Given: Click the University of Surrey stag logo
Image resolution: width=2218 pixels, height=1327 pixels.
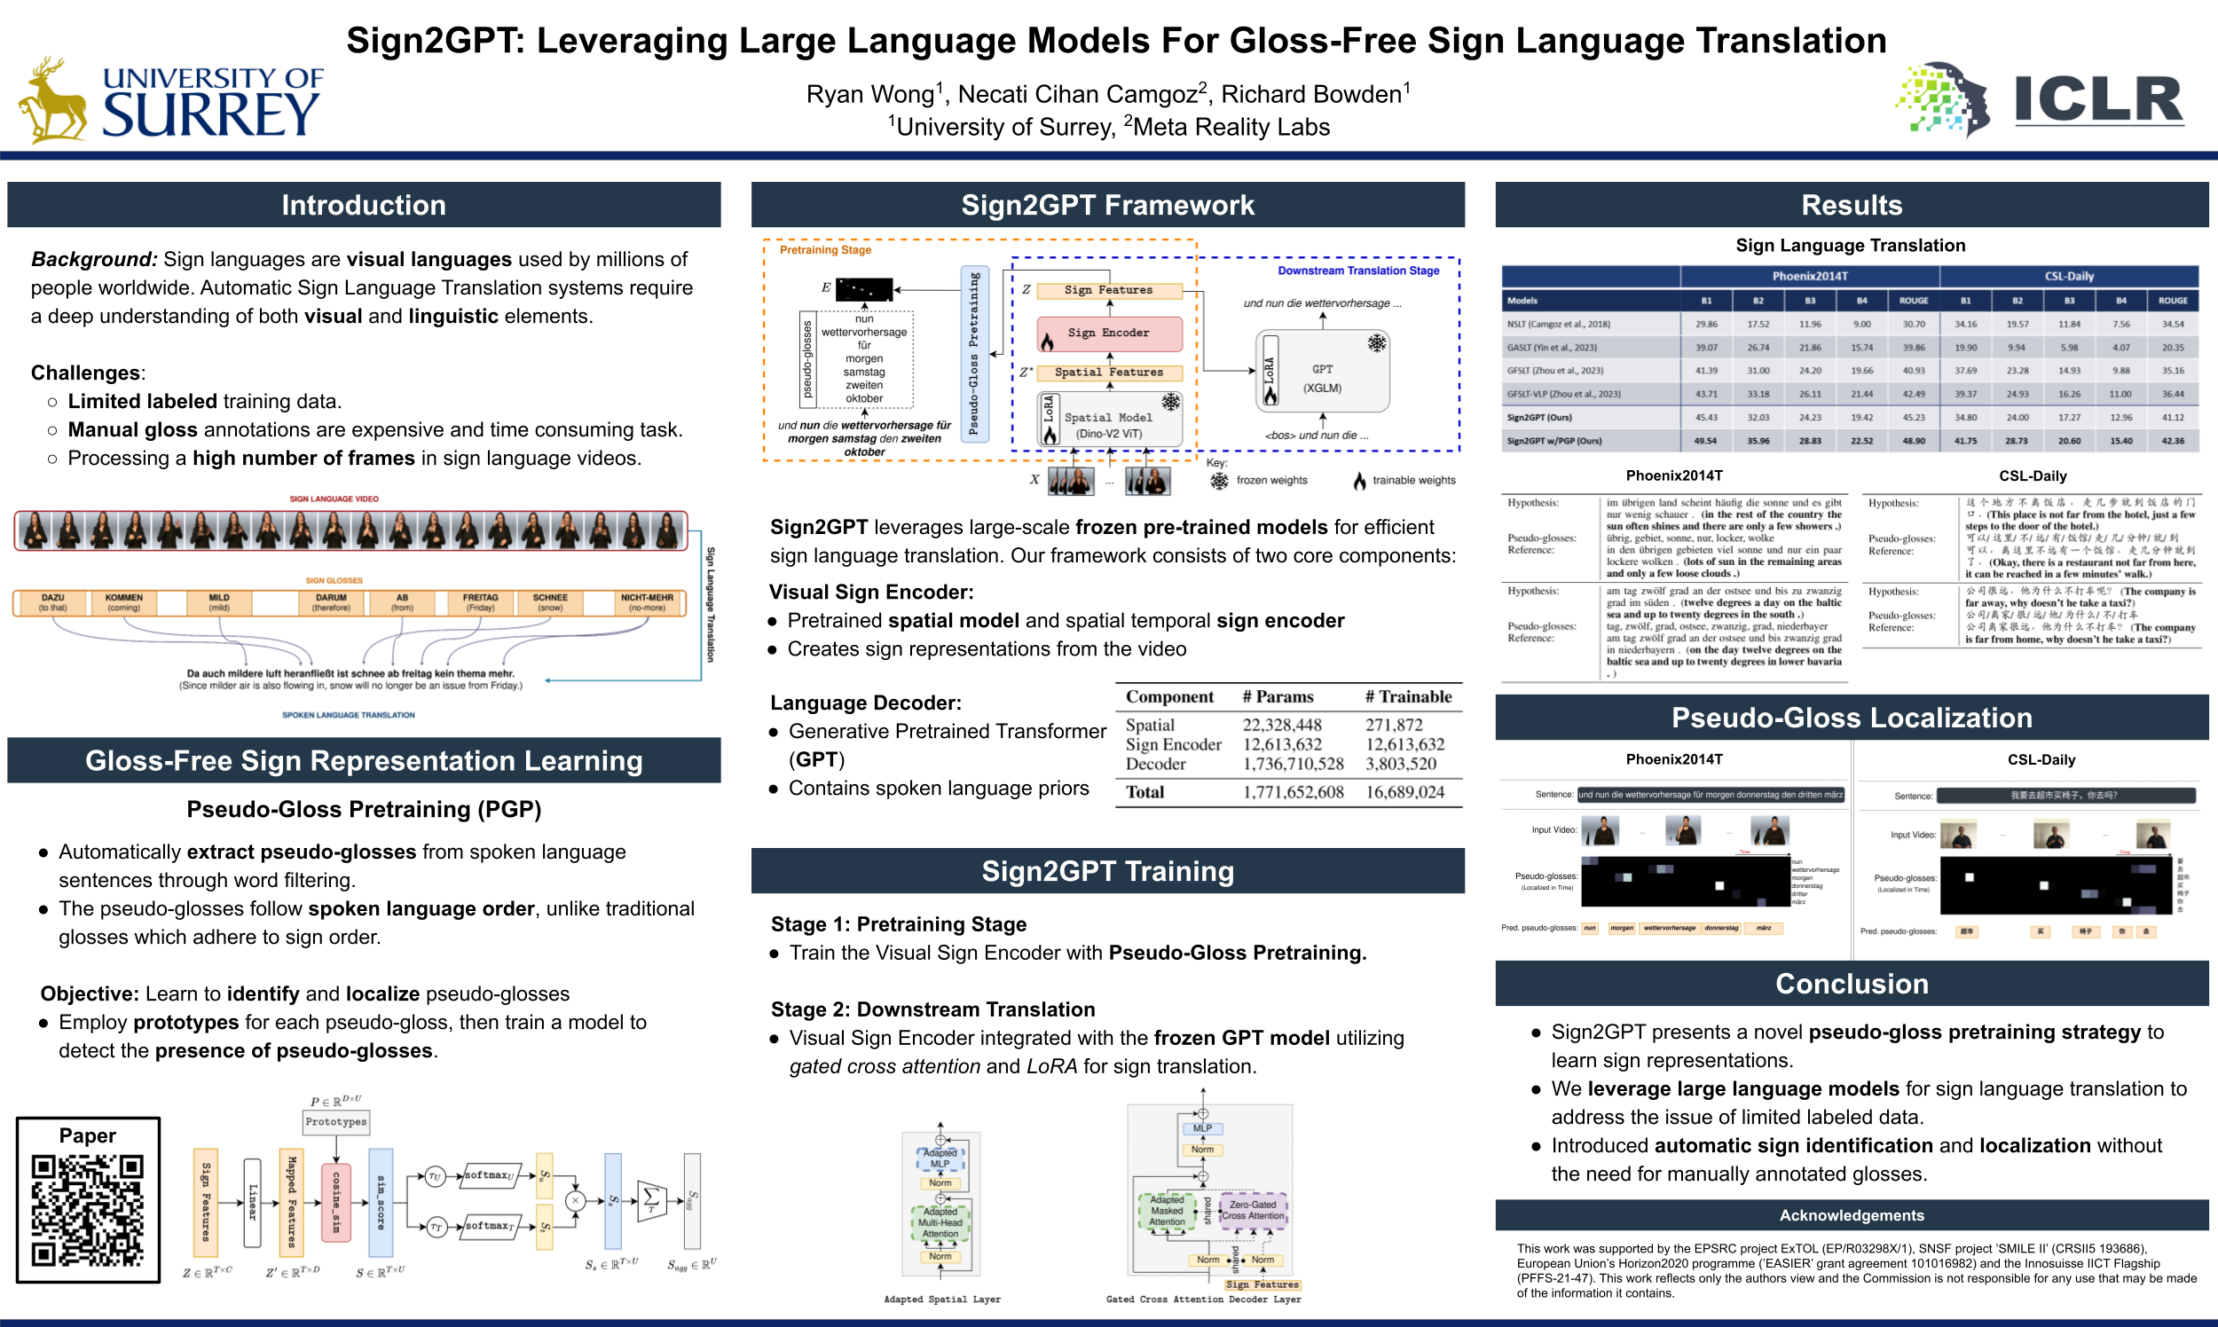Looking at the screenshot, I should (51, 101).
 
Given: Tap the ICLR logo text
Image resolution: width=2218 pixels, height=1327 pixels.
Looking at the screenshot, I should (2098, 99).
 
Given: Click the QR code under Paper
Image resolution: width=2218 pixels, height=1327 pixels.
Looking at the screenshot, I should (88, 1210).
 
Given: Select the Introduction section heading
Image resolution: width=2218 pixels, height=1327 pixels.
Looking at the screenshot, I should (363, 205).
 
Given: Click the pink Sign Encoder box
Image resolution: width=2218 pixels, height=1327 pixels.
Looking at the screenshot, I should (1109, 334).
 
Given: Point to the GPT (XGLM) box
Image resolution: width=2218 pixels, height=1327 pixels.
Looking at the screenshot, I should (1322, 378).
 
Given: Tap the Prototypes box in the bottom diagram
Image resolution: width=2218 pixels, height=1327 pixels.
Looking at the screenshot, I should (335, 1121).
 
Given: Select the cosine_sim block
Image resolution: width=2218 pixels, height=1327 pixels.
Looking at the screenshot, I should (335, 1202).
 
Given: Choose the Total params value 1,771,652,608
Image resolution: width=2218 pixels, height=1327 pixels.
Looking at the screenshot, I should (1293, 792).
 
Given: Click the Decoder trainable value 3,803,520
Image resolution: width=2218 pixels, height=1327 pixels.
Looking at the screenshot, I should (1400, 764).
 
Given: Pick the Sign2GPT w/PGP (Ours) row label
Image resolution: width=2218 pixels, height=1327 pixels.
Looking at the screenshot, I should (1553, 441).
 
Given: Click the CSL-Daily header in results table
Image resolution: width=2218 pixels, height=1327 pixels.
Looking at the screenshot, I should (2069, 276).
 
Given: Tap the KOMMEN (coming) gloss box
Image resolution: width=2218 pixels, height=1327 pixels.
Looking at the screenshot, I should (123, 602).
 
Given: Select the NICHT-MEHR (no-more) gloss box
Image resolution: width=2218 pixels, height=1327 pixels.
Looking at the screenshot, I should (647, 602).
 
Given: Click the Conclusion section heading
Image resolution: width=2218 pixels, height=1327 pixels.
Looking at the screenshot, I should (1852, 984).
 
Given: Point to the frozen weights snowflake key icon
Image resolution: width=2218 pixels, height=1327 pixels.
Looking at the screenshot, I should (1219, 481).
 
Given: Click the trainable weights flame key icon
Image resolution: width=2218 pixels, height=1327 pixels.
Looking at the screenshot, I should (1359, 481).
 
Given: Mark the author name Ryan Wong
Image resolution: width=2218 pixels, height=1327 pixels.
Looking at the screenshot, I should (869, 95).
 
